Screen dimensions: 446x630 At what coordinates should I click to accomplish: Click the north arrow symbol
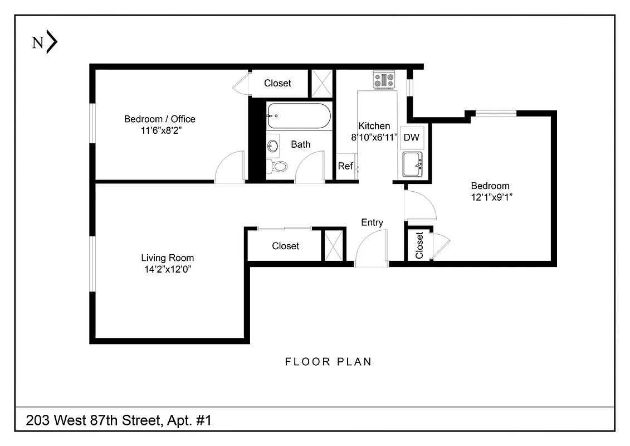[51, 42]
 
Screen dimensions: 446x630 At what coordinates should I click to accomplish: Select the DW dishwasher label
[411, 137]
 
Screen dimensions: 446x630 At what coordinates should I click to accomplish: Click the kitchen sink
[413, 163]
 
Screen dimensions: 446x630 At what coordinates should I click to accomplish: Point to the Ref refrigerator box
[345, 166]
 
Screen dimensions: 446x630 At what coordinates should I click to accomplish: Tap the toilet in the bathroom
[278, 166]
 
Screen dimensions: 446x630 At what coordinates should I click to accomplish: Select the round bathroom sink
[273, 146]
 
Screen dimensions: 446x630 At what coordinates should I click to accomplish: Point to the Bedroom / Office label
[159, 119]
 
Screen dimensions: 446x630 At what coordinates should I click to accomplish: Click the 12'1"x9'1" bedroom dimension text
[490, 197]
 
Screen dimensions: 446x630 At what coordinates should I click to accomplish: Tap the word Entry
[372, 222]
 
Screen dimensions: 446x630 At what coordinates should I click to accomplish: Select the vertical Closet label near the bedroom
[419, 245]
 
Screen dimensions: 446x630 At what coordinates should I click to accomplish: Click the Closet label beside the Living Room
[285, 246]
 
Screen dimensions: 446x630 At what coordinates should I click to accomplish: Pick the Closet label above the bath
[277, 83]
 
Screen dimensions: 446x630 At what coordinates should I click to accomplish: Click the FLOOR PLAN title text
[328, 362]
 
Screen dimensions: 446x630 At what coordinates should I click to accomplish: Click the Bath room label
[301, 144]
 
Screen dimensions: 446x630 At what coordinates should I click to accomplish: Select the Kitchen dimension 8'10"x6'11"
[374, 137]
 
